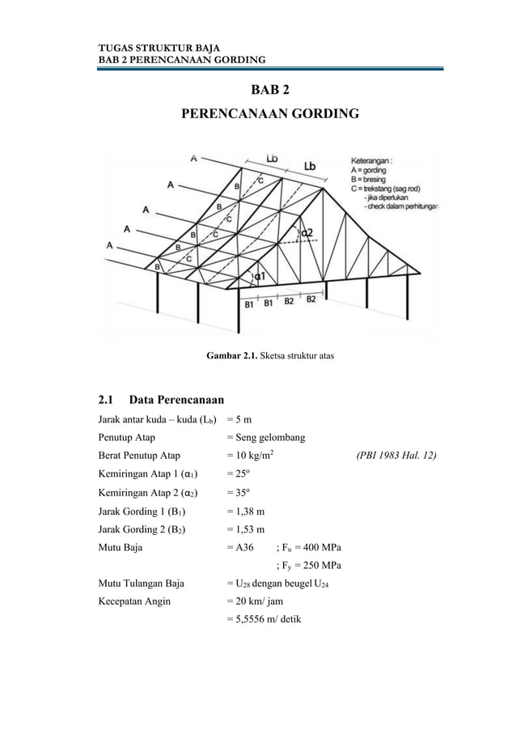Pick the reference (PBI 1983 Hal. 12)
tap(396, 456)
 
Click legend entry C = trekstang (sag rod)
tap(389, 188)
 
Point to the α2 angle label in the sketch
tap(307, 233)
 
